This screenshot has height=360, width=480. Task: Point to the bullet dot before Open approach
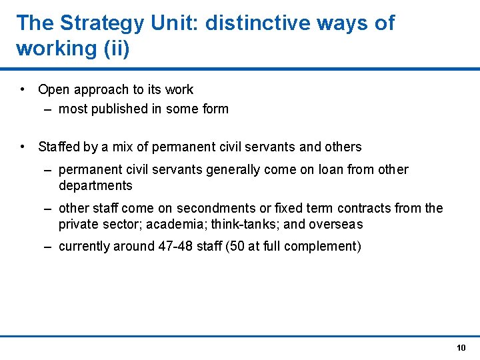(23, 89)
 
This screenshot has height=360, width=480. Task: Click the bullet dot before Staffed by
(23, 147)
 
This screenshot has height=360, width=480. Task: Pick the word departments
(95, 186)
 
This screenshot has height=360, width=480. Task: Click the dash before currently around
(48, 247)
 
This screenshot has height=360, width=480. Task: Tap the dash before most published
(48, 109)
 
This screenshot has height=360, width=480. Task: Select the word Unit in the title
(175, 23)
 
